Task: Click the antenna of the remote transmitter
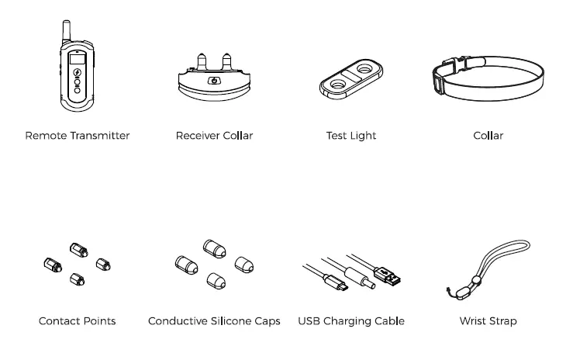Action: point(66,31)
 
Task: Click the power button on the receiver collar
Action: point(213,81)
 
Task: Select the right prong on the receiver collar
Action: point(227,60)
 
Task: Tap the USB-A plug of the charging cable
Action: point(387,274)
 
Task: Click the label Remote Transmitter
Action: point(78,136)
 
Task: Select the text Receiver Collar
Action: point(214,136)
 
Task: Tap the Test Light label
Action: point(351,136)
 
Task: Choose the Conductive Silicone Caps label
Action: point(214,320)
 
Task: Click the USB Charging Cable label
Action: point(351,320)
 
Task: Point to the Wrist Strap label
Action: point(488,320)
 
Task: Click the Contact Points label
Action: point(78,320)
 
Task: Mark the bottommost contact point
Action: point(77,279)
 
